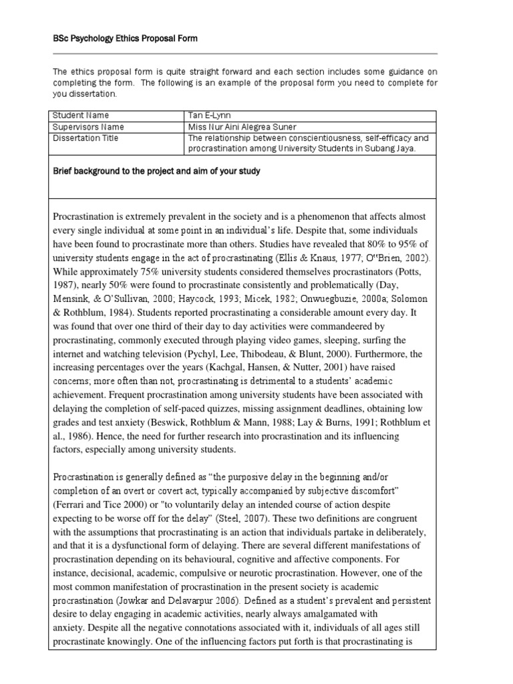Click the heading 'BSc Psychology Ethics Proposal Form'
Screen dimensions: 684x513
(125, 39)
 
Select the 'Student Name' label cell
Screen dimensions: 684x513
(81, 116)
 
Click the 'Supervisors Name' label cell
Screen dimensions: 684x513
(89, 127)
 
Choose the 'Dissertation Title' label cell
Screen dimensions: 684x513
(86, 138)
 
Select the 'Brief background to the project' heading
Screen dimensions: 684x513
(156, 171)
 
